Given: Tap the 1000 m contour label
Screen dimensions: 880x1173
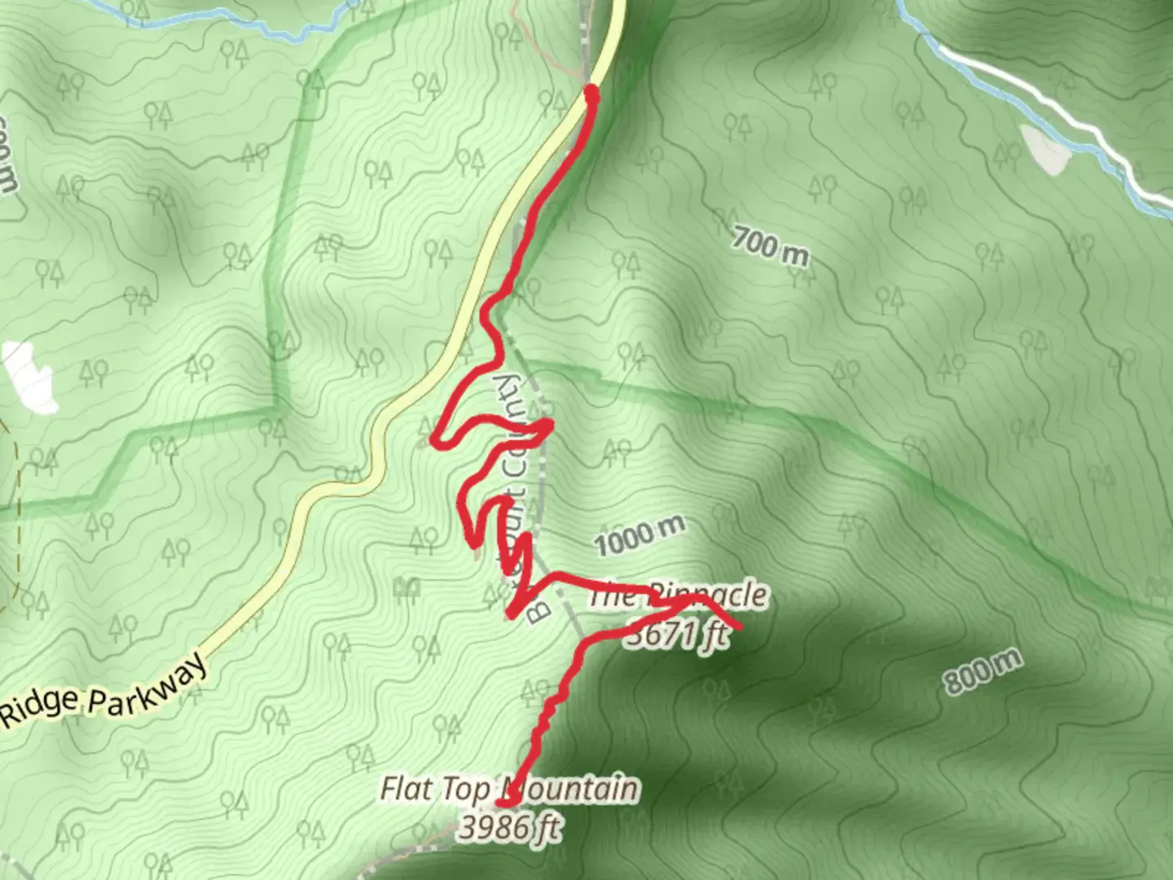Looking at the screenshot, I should (x=639, y=535).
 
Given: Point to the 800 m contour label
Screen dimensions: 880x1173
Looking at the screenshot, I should (x=982, y=671).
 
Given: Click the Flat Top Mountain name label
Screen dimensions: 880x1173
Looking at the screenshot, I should (x=509, y=789).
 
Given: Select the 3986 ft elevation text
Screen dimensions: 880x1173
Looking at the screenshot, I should (x=509, y=827).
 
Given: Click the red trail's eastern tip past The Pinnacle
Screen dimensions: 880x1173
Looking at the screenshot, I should (x=737, y=625).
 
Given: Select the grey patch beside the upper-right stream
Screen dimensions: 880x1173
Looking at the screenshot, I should (x=1045, y=149).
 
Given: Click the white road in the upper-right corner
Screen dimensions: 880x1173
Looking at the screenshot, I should (x=1059, y=114).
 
